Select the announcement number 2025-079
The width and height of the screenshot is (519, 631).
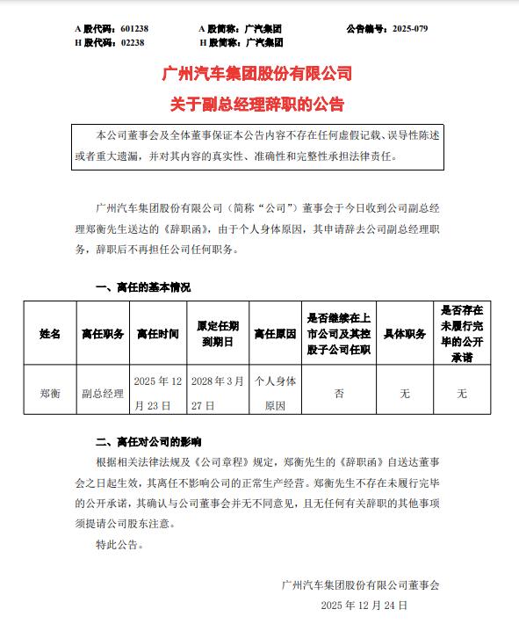407,29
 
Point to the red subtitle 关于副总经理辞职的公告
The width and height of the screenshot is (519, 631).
258,105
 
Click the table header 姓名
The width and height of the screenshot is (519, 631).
50,334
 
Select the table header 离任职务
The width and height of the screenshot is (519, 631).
103,334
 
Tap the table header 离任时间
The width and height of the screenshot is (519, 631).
157,334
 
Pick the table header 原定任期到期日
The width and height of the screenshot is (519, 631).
219,334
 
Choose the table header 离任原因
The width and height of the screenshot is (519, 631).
275,334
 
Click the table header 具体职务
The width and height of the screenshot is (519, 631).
405,334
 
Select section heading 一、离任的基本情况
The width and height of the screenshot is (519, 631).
143,286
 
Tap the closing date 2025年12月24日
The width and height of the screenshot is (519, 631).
364,606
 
